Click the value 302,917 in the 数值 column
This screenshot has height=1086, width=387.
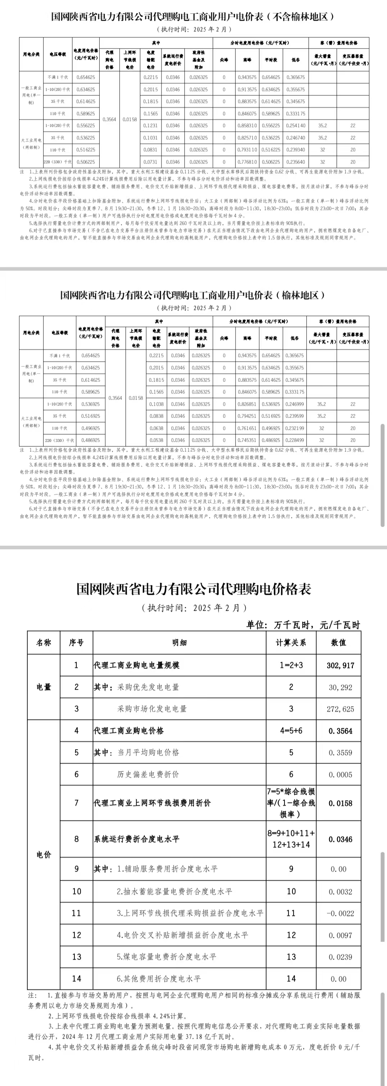[340, 665]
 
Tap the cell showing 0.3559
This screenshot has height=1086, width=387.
[340, 752]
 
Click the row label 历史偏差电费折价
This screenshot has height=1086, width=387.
[148, 774]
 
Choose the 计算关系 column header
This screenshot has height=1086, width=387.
[291, 643]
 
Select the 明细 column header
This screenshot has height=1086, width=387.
[179, 643]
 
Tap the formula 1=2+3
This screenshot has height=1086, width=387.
[291, 665]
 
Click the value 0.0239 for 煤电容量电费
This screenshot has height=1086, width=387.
[340, 957]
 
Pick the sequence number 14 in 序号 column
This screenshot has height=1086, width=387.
[76, 979]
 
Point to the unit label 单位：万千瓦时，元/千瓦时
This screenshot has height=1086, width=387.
[303, 625]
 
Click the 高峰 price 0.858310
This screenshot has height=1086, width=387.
[247, 126]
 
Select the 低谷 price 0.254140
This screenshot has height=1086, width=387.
[296, 126]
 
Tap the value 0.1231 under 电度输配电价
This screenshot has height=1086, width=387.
[150, 126]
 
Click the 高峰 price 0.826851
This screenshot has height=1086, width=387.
[247, 404]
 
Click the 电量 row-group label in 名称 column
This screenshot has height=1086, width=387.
[44, 687]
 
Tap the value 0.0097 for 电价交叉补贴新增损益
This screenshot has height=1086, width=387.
[340, 935]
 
